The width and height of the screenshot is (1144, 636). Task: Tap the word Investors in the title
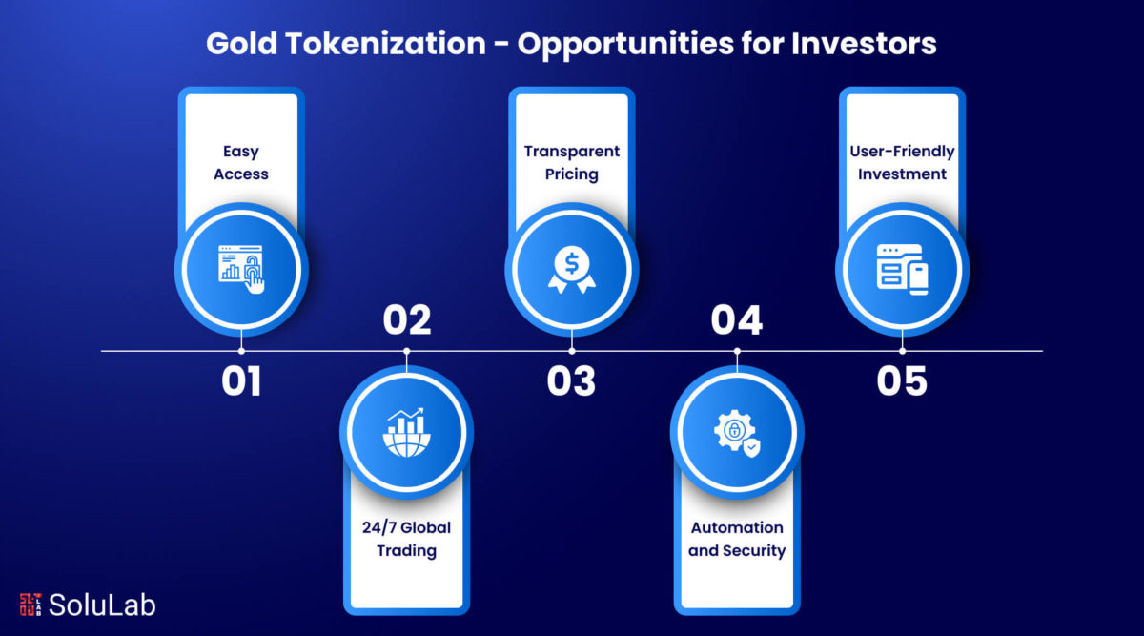[x=864, y=43]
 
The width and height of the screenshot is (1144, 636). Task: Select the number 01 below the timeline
[x=241, y=381]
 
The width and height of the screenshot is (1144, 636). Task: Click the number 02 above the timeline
[x=406, y=320]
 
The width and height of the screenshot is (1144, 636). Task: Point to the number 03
[x=571, y=381]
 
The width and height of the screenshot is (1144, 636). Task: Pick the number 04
[x=736, y=320]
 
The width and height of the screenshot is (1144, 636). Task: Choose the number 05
[x=902, y=381]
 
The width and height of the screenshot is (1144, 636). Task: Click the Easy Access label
[x=241, y=162]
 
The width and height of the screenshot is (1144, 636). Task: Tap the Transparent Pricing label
[x=571, y=162]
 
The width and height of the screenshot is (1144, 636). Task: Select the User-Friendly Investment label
[x=902, y=162]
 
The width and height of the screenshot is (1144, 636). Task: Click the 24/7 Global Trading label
[x=406, y=539]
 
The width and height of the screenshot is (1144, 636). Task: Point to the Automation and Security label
[x=736, y=539]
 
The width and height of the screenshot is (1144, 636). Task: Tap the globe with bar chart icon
[x=406, y=432]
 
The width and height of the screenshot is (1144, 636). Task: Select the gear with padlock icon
[x=737, y=433]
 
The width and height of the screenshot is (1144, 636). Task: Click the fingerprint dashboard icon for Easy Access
[x=241, y=269]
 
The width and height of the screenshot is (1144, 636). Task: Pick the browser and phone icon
[x=903, y=269]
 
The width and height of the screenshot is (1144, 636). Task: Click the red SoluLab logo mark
[x=31, y=605]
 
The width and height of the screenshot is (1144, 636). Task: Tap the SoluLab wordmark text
[x=102, y=605]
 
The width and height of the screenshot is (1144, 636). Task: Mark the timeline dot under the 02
[x=406, y=351]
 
